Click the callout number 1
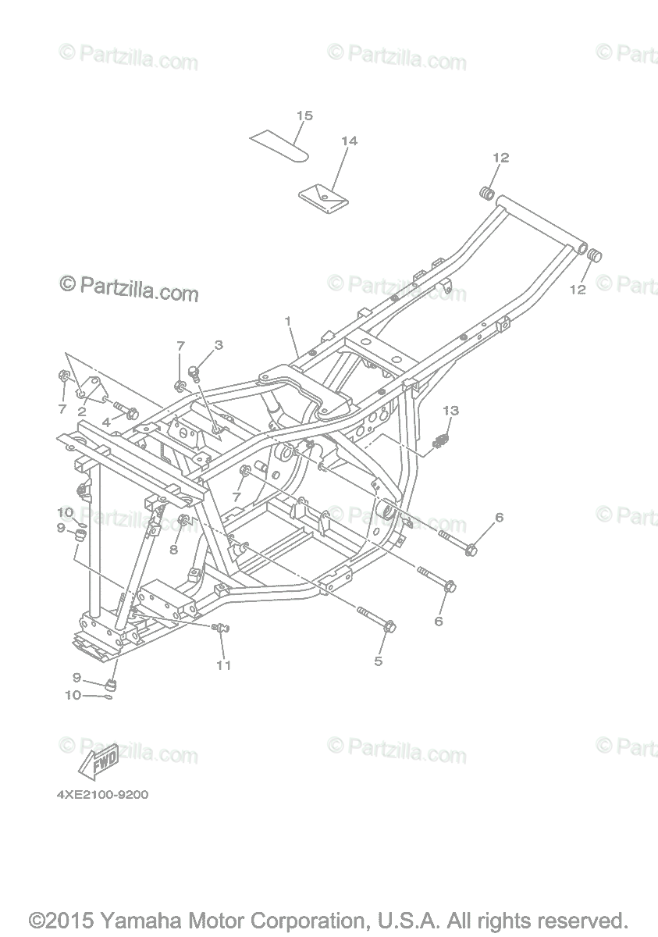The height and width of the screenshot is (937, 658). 288,321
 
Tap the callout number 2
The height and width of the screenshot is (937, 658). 81,411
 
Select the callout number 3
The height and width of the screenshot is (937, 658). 219,344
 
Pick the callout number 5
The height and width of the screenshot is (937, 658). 379,661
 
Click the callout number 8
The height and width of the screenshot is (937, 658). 173,549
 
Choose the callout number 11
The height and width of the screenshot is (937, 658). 224,665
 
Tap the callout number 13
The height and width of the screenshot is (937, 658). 451,411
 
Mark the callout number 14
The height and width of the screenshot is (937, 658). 349,141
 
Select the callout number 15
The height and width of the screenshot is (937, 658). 304,116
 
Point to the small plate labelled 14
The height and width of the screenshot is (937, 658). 324,194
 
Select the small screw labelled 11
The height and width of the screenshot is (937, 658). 219,626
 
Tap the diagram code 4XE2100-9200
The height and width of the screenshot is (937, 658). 101,796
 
